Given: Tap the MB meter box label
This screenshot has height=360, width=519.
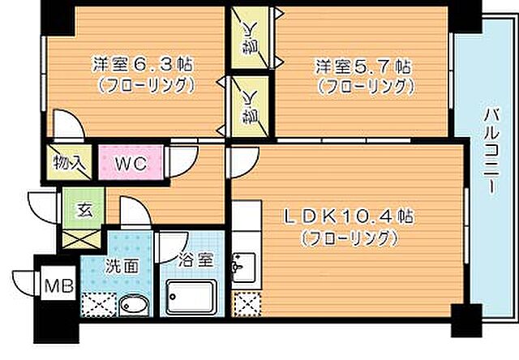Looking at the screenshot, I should click(56, 286).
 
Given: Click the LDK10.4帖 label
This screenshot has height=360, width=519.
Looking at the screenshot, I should click(349, 217).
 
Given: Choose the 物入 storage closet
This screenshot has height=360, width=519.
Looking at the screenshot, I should click(69, 163).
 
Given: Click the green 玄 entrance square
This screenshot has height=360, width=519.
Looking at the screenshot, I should click(83, 208).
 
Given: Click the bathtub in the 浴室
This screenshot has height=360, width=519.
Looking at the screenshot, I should click(194, 299).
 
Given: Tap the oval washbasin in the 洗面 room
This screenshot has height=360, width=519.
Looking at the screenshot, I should click(132, 306).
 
